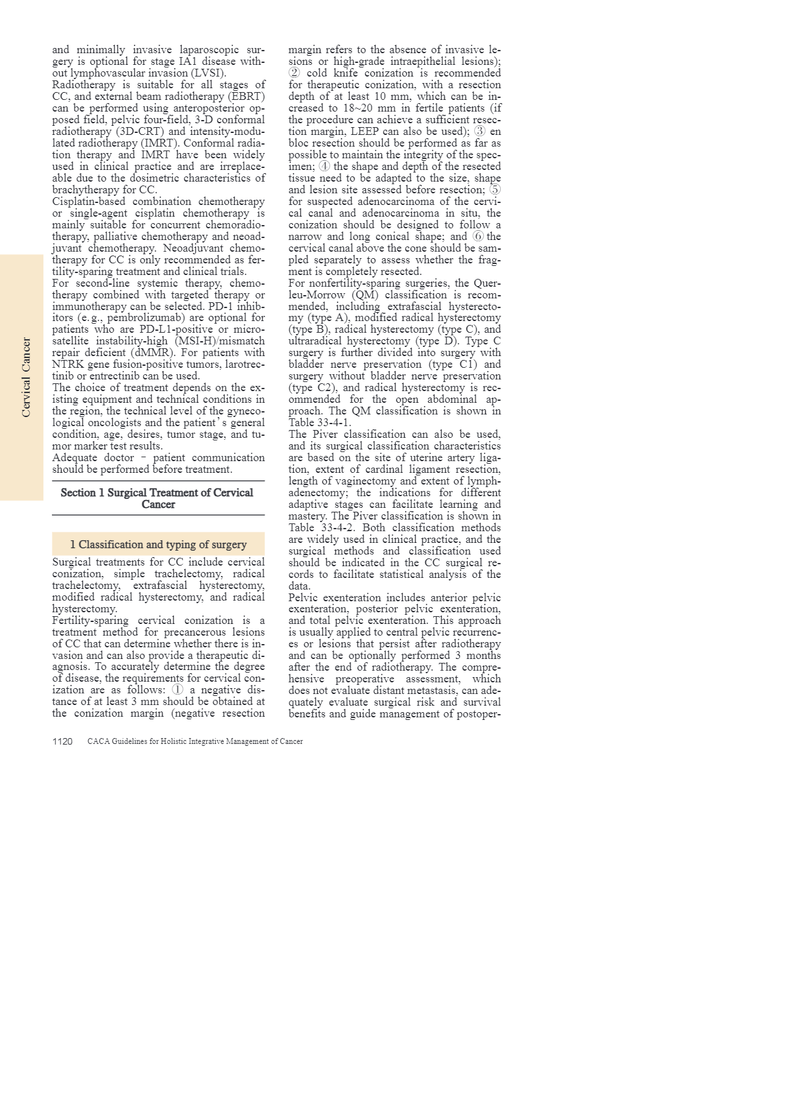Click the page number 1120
pyautogui.click(x=62, y=741)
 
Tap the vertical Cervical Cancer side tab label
pyautogui.click(x=26, y=377)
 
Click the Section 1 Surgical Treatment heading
pyautogui.click(x=158, y=498)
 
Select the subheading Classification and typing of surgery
pyautogui.click(x=158, y=544)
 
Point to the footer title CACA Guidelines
pyautogui.click(x=195, y=741)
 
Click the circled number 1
pyautogui.click(x=177, y=690)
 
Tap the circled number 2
pyautogui.click(x=294, y=73)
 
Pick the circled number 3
pyautogui.click(x=479, y=132)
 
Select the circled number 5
pyautogui.click(x=495, y=190)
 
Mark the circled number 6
pyautogui.click(x=478, y=237)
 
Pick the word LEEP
pyautogui.click(x=365, y=132)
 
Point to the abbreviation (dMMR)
pyautogui.click(x=152, y=353)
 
